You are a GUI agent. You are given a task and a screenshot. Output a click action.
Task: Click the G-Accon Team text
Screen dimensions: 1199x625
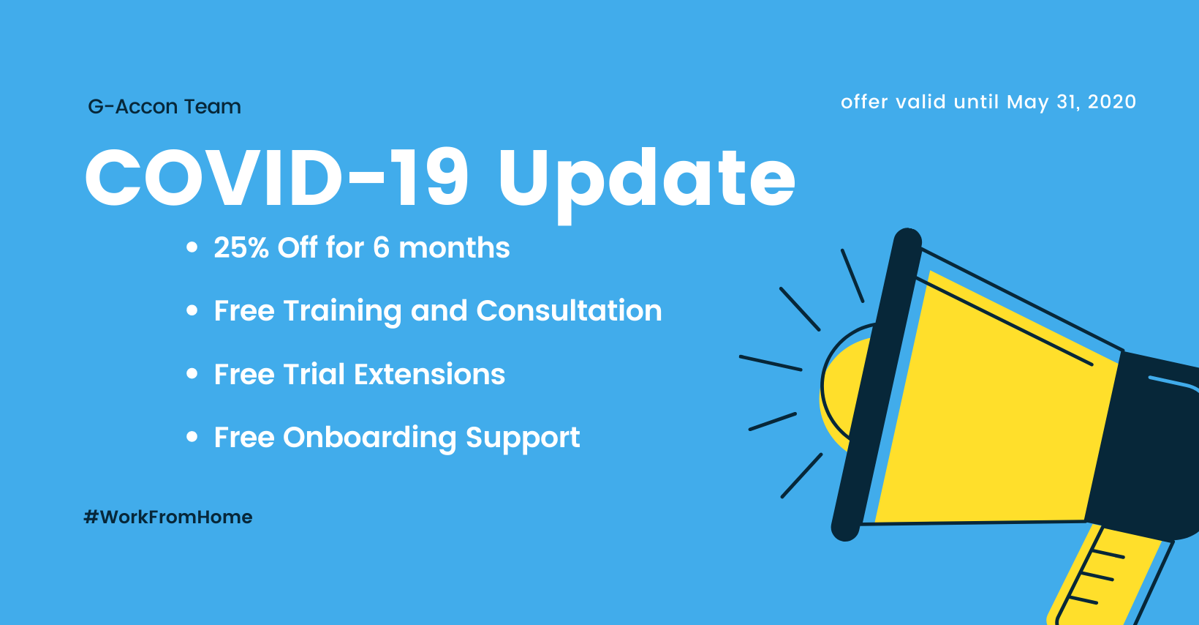(164, 107)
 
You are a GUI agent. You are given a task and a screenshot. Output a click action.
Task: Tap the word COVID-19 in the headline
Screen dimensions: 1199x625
(277, 177)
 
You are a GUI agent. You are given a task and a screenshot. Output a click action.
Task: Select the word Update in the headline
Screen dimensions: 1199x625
(646, 183)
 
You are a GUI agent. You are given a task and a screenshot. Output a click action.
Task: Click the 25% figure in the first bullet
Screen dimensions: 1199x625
(241, 247)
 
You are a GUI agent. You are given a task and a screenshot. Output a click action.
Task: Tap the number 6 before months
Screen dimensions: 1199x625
(381, 247)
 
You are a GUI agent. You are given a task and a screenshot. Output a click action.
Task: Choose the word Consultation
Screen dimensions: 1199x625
(569, 310)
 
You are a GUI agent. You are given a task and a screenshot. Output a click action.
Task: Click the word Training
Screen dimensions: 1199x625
(343, 312)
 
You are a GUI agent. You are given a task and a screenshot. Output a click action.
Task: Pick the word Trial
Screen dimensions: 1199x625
(314, 373)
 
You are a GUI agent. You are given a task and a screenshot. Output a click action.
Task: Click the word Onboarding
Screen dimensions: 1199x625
(370, 438)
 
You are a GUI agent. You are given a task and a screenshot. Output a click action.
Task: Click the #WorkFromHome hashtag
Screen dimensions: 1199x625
(168, 517)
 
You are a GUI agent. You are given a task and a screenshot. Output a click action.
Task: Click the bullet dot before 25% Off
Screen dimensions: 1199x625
(192, 247)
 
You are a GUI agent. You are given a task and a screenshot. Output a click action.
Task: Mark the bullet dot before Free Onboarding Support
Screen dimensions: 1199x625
(192, 437)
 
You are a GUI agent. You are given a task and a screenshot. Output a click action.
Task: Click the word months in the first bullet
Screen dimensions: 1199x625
(454, 247)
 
